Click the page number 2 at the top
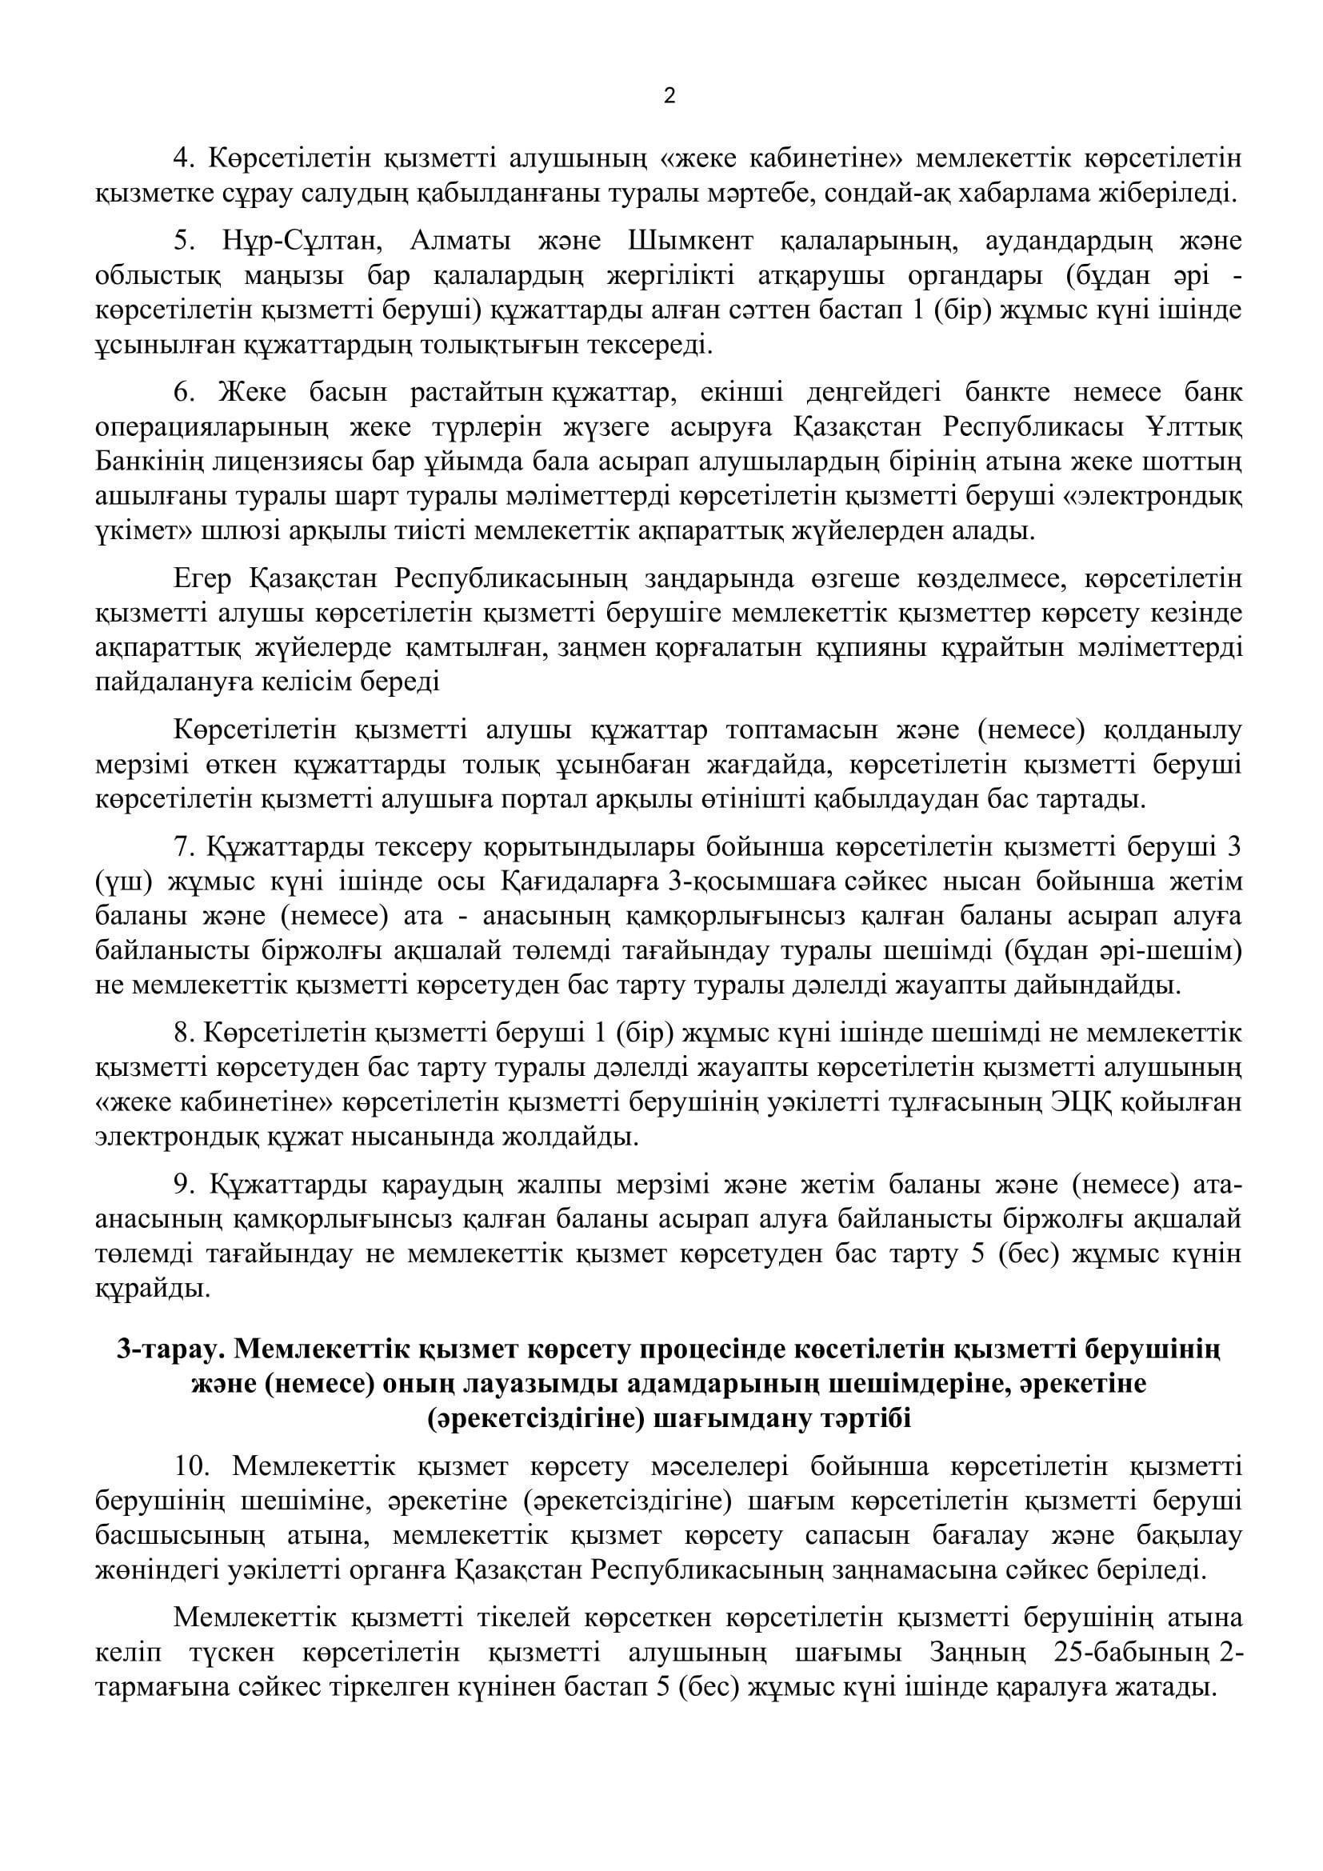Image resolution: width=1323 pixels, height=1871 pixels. tap(669, 97)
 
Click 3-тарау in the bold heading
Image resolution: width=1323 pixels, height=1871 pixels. tap(171, 1350)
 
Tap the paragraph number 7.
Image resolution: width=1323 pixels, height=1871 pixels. tap(184, 846)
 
